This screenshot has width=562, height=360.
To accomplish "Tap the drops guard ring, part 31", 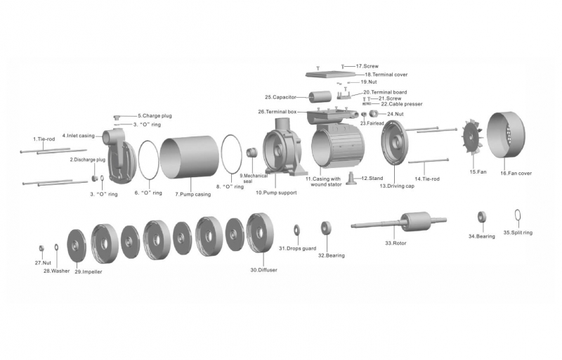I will pos(297,230).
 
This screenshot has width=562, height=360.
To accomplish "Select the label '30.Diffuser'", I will pos(263,269).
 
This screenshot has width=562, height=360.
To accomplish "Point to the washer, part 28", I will pos(55,247).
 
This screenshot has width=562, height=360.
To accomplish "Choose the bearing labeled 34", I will pos(482,217).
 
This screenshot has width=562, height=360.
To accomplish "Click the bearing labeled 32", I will pos(326,229).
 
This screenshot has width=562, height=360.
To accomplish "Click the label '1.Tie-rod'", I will pos(44,139).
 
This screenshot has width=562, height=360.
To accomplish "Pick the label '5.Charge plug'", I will pos(155,115).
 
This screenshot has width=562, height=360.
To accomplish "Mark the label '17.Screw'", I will pos(367,66).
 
